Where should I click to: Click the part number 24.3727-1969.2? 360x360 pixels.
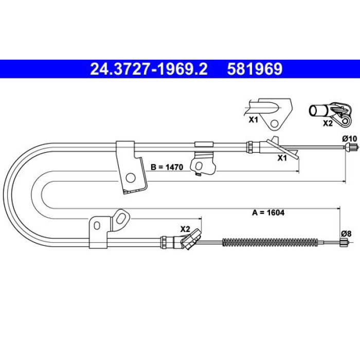(x=149, y=69)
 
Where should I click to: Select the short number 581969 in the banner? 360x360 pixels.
(x=255, y=69)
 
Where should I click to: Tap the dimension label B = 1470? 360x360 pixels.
(x=167, y=167)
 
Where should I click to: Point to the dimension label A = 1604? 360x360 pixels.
(x=268, y=212)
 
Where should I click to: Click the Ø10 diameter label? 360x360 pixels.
(x=349, y=139)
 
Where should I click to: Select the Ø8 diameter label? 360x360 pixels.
(x=346, y=233)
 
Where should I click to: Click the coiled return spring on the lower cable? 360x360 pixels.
(x=270, y=242)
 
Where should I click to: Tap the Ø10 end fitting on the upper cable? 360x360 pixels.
(x=352, y=146)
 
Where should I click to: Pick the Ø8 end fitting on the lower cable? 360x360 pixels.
(x=344, y=242)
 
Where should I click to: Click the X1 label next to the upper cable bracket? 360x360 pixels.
(x=282, y=158)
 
